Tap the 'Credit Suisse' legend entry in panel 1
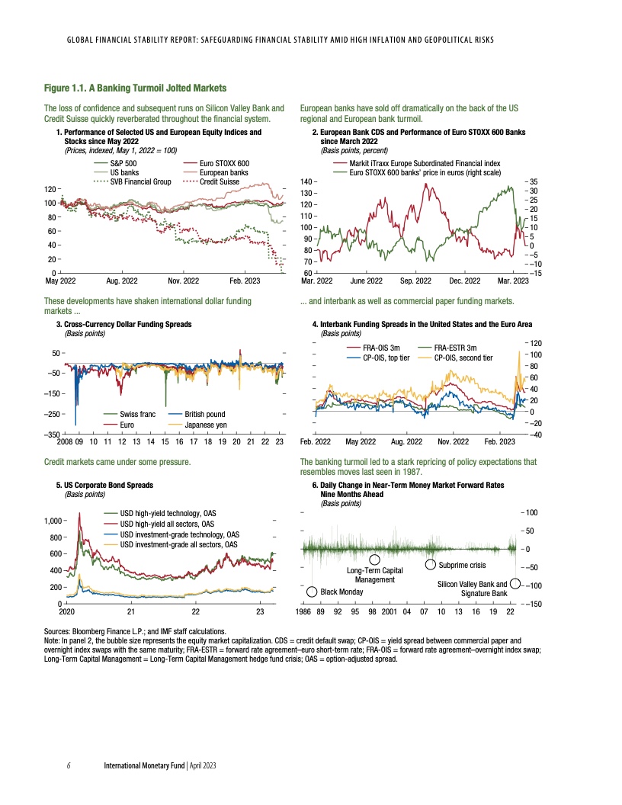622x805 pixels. pos(219,181)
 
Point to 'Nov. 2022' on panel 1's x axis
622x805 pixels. pos(183,281)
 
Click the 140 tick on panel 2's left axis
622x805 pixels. pos(305,182)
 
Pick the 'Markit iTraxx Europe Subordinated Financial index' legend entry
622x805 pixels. pos(424,164)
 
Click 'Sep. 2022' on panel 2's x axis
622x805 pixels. pos(416,281)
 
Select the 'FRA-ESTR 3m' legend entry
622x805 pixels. pos(455,348)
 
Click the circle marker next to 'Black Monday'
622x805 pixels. pos(312,592)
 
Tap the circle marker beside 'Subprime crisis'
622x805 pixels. pos(430,565)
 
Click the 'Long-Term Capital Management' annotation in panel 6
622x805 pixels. pos(374,575)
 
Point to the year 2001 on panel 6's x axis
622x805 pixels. pos(389,611)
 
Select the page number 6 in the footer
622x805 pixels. pos(69,765)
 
